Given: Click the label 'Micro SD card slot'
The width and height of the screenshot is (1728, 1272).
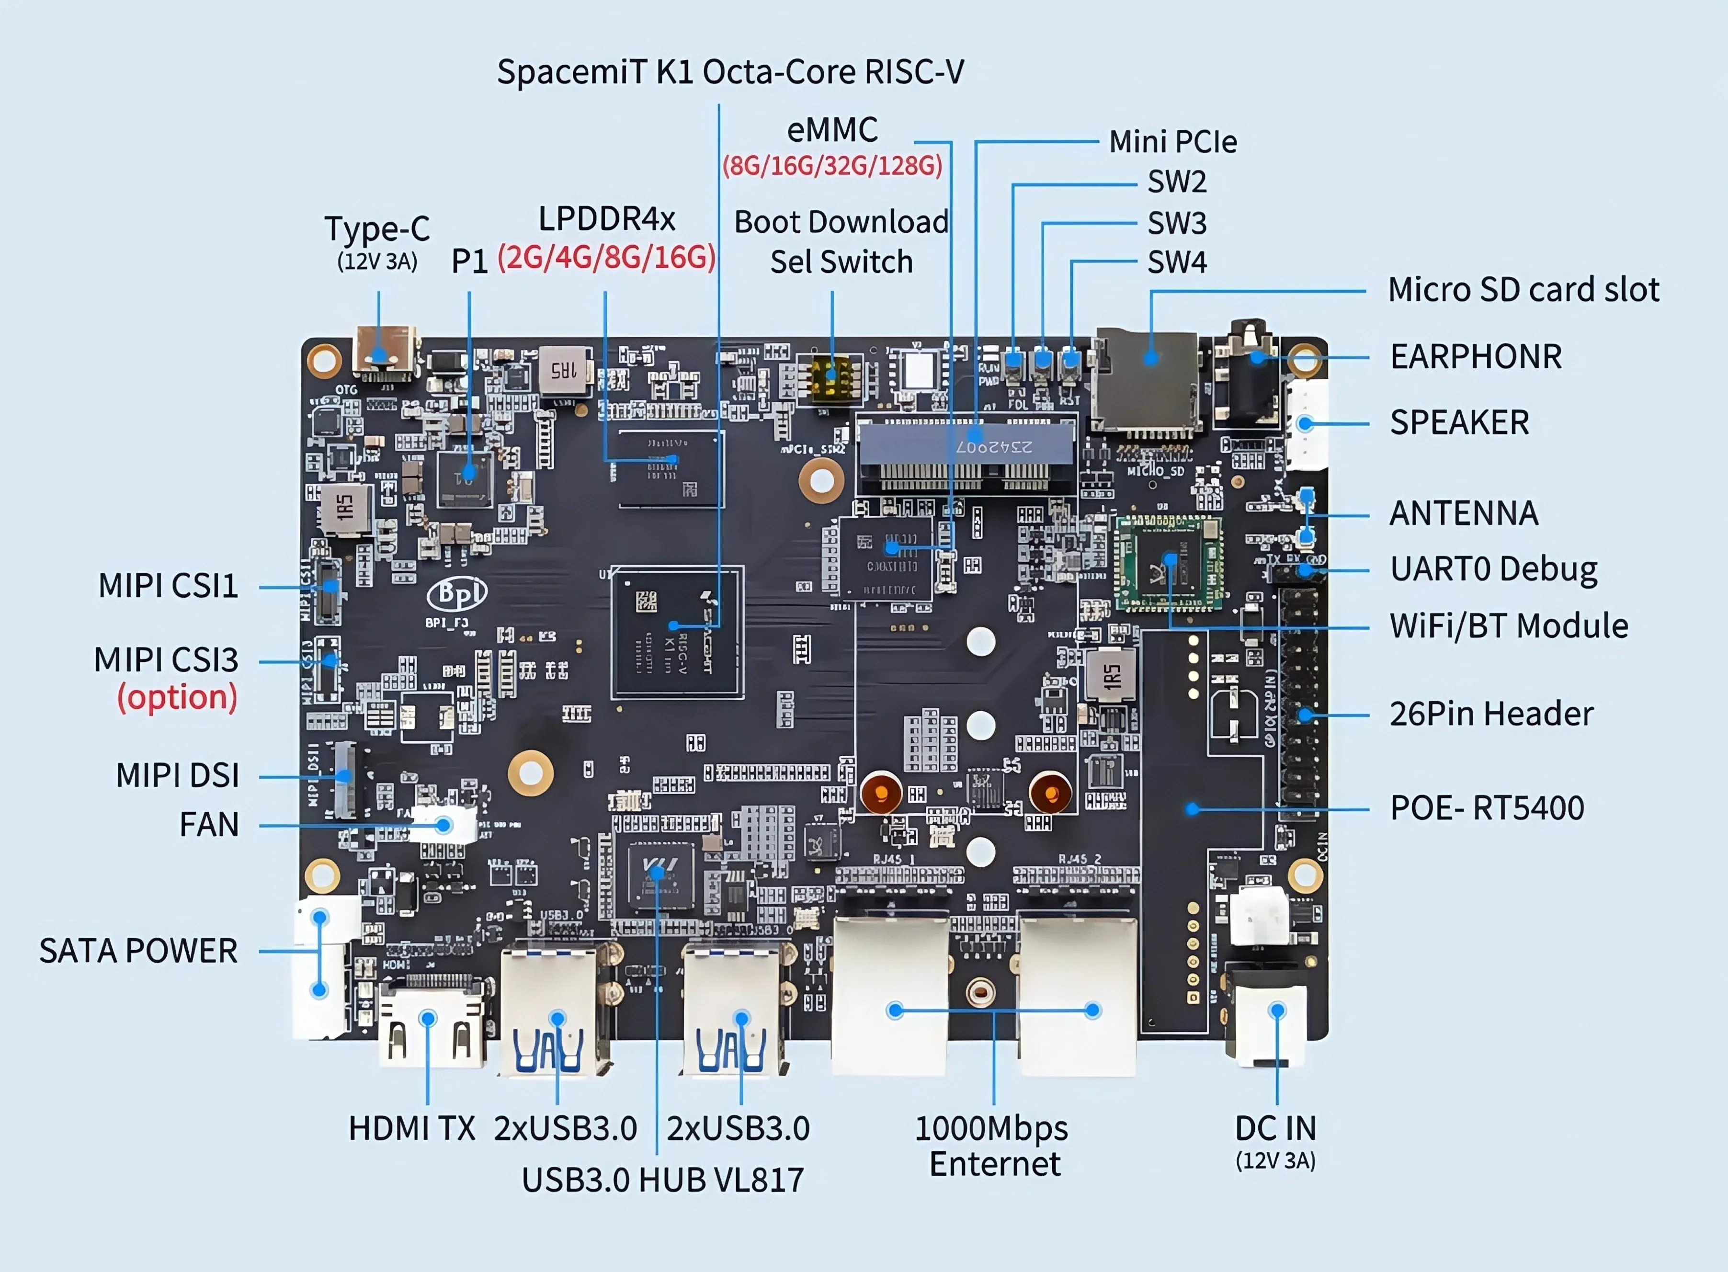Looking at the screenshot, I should click(x=1523, y=290).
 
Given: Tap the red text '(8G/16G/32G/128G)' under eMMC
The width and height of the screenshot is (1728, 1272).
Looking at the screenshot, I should click(x=831, y=166).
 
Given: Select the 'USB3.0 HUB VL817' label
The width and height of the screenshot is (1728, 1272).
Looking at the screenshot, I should click(x=662, y=1180).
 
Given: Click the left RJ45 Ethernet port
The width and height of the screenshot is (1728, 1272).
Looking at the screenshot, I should click(x=891, y=1001).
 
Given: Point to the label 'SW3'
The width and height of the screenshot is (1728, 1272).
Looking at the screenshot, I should click(x=1176, y=223).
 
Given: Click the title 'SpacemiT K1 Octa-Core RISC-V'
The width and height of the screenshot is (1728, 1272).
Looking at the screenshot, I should click(x=729, y=72).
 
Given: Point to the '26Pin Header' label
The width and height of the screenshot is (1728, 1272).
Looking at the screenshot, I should click(x=1491, y=714).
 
